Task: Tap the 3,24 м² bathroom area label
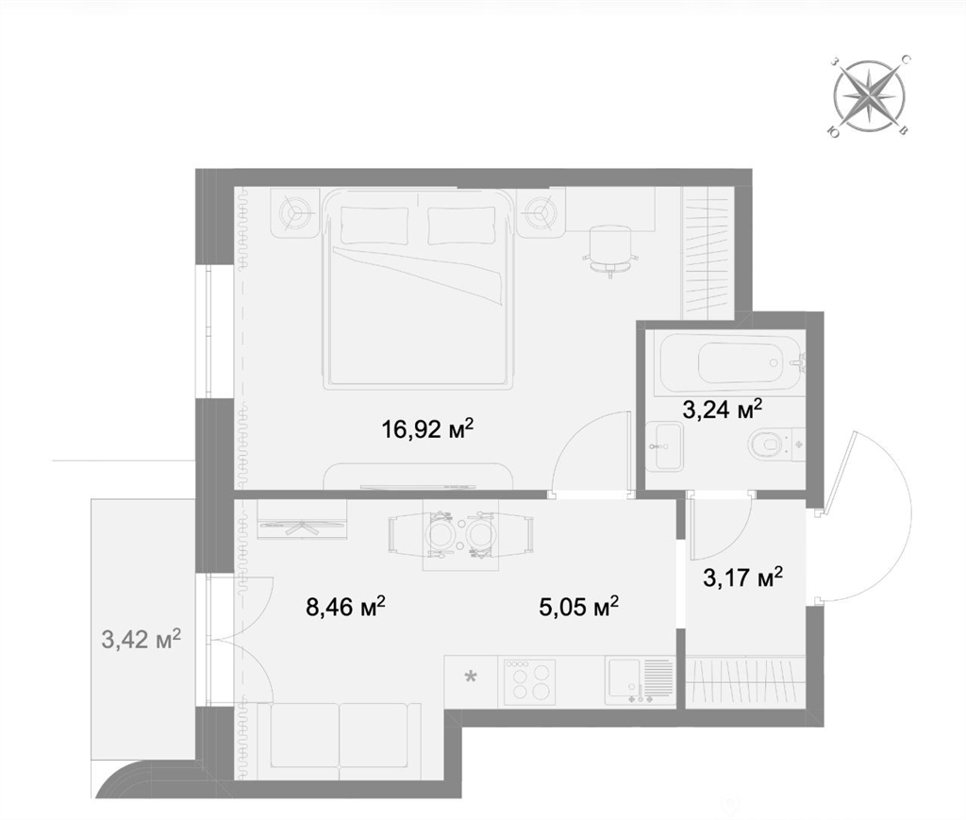[723, 409]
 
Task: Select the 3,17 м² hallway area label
[743, 577]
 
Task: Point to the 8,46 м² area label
[345, 607]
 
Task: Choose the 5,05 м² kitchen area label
[578, 607]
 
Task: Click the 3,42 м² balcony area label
[142, 640]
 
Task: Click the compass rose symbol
[869, 95]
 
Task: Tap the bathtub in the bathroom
[730, 364]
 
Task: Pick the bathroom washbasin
[664, 446]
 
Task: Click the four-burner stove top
[530, 682]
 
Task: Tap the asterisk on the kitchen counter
[470, 678]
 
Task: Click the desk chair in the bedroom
[608, 249]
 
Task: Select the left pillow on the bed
[374, 226]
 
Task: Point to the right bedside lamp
[541, 213]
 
